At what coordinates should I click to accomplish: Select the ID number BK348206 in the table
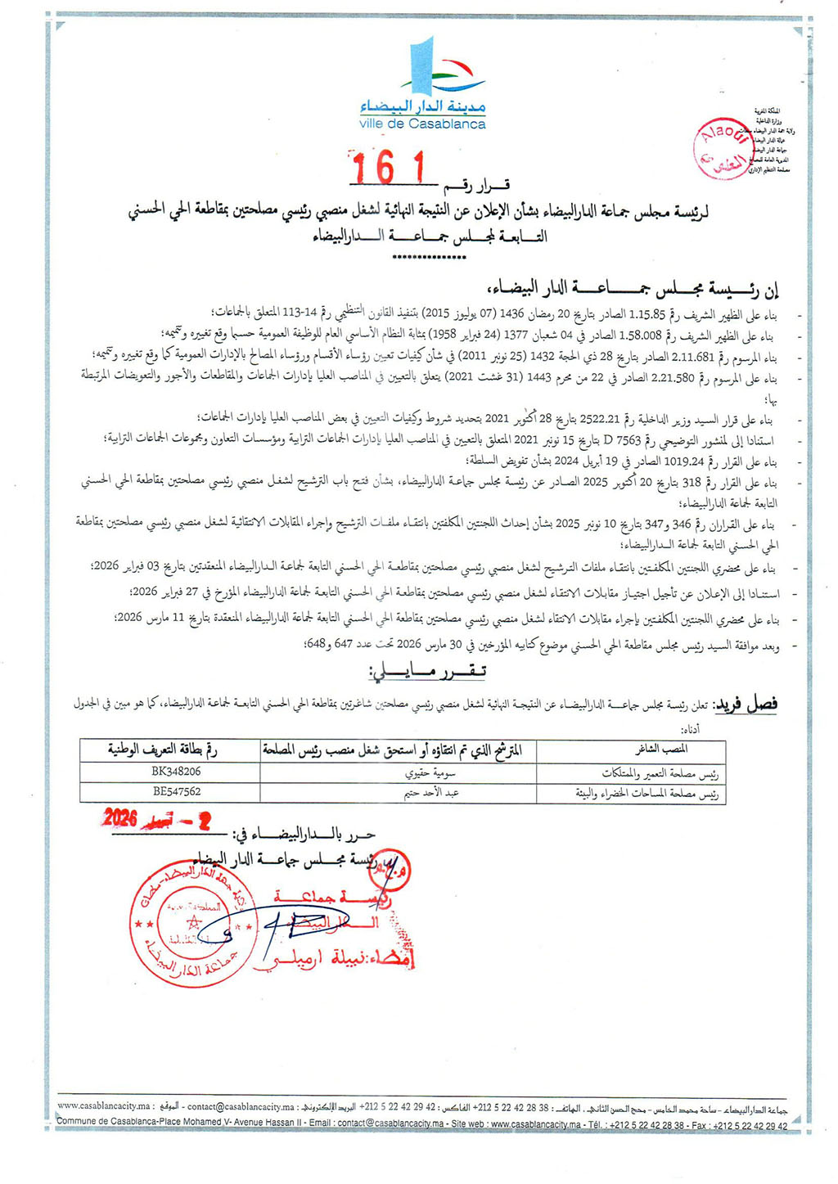pyautogui.click(x=176, y=772)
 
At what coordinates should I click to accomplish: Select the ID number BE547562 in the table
pyautogui.click(x=176, y=791)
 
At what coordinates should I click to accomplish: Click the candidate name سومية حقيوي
pyautogui.click(x=430, y=772)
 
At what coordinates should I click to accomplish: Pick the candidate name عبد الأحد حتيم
pyautogui.click(x=431, y=792)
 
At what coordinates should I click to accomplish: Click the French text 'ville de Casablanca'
pyautogui.click(x=422, y=124)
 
